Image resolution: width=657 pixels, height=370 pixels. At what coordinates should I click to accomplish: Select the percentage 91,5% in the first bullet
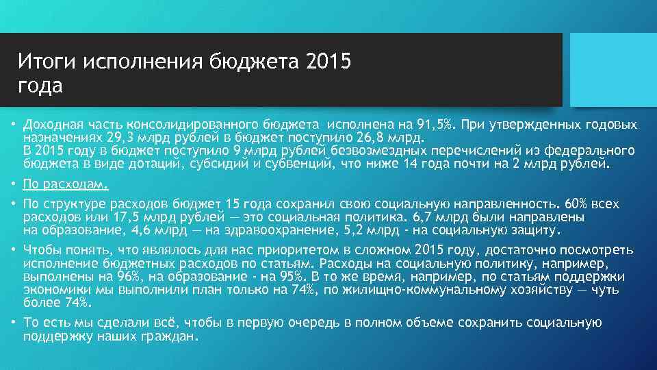point(437,125)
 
